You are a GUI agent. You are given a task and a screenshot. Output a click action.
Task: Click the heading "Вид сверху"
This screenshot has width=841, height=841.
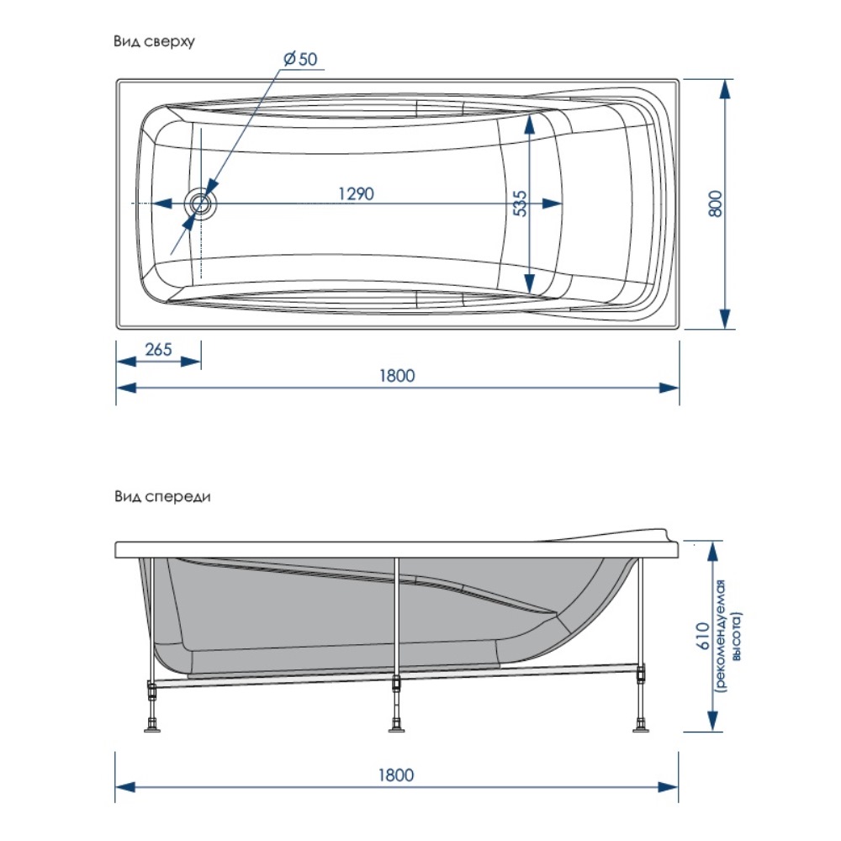tap(155, 40)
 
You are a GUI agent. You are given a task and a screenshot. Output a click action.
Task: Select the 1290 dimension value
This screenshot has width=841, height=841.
tap(356, 193)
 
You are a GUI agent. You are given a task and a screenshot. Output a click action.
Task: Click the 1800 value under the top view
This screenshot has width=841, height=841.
tap(397, 376)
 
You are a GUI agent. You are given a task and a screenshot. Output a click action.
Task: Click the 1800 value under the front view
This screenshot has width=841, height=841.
tap(397, 775)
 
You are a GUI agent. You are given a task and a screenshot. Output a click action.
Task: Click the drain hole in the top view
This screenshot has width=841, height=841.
tap(201, 204)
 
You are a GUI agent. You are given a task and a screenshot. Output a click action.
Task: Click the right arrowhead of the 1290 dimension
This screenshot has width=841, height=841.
tap(553, 204)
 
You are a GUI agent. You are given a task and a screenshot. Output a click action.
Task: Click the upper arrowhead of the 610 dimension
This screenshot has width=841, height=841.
tap(712, 553)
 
